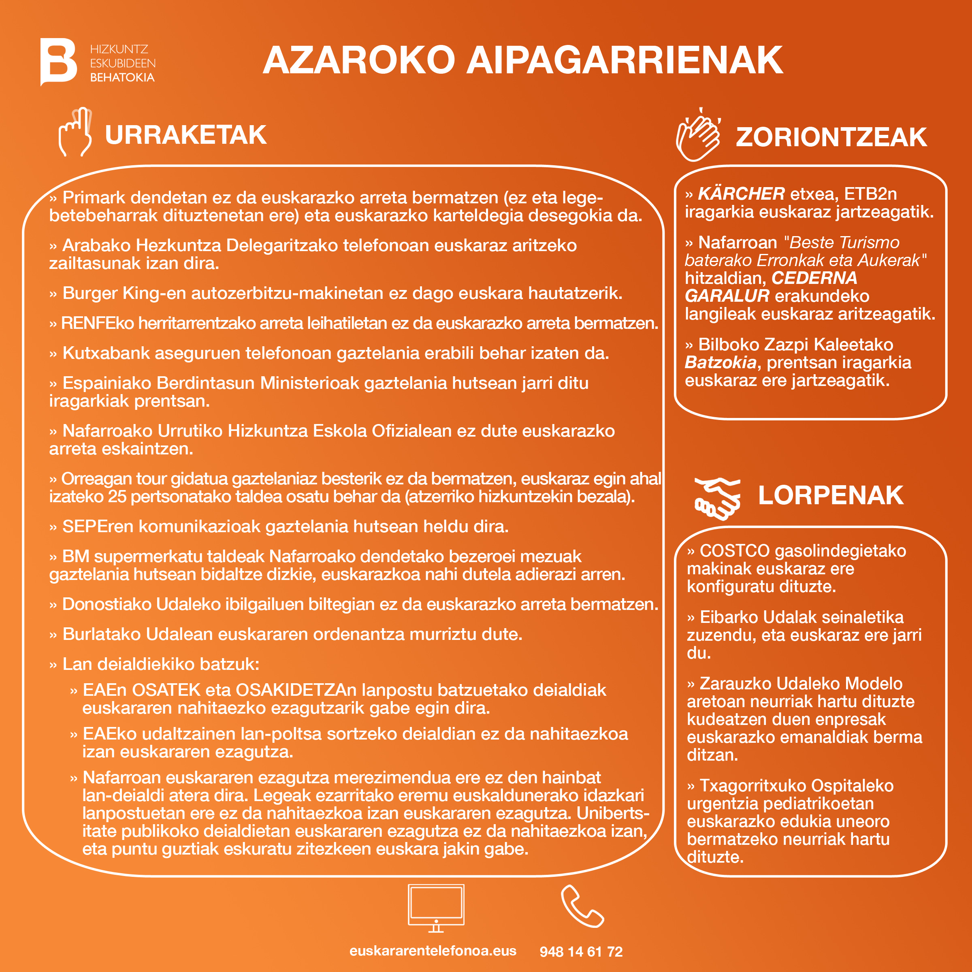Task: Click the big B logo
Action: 58,62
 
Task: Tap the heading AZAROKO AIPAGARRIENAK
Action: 522,60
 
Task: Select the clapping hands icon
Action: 698,135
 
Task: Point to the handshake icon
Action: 717,498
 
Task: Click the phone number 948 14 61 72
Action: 581,951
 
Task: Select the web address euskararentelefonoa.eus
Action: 433,951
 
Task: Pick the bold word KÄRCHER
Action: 741,194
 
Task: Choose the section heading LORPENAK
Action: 831,496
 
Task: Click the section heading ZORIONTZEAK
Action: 831,137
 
